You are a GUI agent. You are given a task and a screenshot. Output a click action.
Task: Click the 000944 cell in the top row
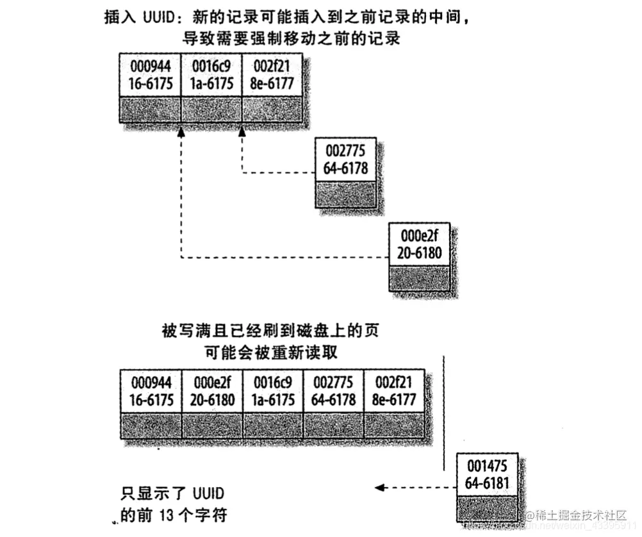(151, 76)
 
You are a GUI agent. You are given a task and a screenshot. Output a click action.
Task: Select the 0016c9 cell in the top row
(212, 76)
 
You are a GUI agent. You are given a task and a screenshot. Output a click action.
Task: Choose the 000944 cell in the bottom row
(152, 391)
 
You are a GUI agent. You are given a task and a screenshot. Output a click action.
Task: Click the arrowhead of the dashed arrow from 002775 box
(242, 131)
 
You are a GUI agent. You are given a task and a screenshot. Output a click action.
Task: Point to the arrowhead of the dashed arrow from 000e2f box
(181, 131)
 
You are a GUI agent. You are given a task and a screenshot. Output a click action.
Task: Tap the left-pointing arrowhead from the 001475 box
(379, 488)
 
